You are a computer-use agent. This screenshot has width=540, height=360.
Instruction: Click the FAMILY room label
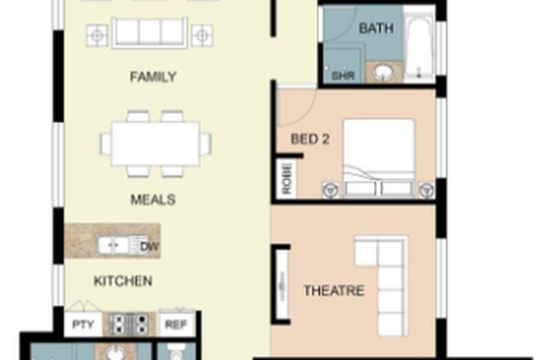(153, 78)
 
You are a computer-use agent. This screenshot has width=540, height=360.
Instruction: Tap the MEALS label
(153, 199)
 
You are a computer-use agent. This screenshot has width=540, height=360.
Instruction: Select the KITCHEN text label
(123, 281)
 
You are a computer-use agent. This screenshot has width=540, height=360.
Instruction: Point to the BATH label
(376, 29)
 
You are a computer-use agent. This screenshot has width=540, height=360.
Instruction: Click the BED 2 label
(310, 139)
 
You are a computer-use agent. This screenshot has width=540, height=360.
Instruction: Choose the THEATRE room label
(333, 290)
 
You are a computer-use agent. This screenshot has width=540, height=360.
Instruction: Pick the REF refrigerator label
(174, 323)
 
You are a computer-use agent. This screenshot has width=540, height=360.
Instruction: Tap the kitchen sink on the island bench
(113, 244)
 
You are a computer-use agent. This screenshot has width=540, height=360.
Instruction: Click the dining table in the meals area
(155, 144)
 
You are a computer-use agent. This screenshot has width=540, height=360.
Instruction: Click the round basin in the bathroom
(382, 74)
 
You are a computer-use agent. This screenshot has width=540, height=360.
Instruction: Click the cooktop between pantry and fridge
(128, 323)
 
